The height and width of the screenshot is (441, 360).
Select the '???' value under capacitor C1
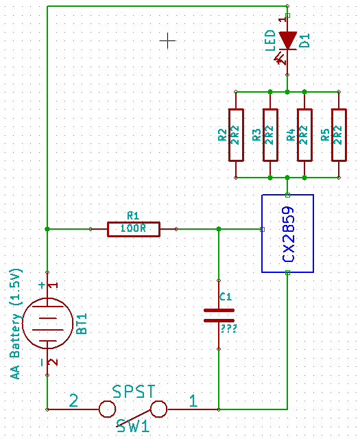(x=228, y=329)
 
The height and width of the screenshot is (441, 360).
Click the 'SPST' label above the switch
(x=134, y=391)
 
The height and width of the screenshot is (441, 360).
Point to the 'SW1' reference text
(x=133, y=426)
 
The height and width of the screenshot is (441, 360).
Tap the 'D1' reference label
(x=304, y=40)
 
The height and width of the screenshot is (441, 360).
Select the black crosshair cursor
(x=167, y=40)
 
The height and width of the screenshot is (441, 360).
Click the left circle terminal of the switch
(x=107, y=409)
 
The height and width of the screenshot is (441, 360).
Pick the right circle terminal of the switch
(x=158, y=409)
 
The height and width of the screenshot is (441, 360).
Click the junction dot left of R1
(x=47, y=229)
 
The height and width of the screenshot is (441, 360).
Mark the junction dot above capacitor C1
(x=219, y=229)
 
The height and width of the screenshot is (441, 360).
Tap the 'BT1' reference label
(x=82, y=324)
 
